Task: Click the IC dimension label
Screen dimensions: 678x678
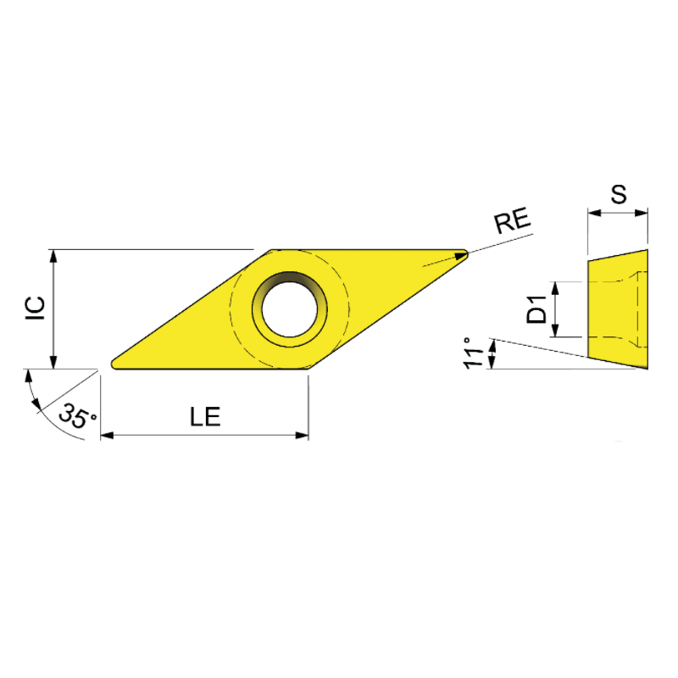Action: [35, 308]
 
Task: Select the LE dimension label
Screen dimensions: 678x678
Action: [204, 416]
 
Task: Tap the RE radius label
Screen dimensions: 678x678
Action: [512, 222]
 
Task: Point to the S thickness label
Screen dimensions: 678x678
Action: [619, 194]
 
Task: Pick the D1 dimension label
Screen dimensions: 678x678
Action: [536, 309]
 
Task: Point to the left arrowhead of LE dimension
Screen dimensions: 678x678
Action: [106, 436]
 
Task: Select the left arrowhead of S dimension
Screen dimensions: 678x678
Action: [592, 213]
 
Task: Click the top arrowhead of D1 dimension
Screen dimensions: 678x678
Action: [556, 286]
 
